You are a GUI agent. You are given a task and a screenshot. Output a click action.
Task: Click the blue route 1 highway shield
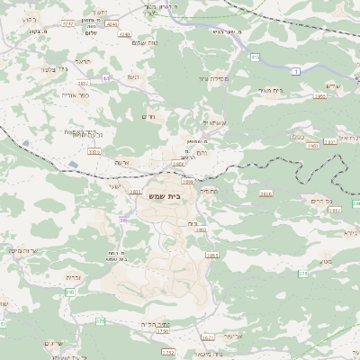295,70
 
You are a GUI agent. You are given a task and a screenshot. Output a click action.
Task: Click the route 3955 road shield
319,94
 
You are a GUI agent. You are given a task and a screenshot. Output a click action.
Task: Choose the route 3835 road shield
94,152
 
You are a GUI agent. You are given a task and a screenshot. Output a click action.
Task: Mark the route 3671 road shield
208,338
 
